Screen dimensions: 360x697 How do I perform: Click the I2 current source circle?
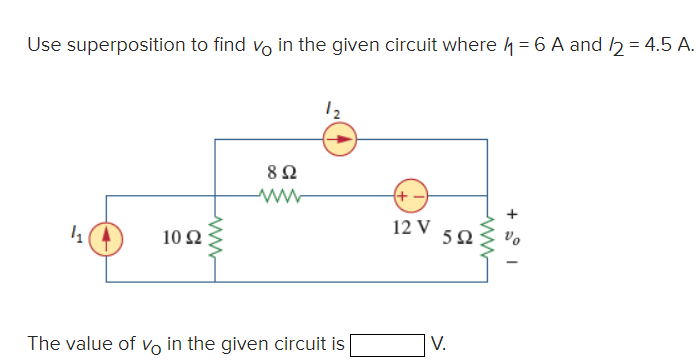click(x=339, y=140)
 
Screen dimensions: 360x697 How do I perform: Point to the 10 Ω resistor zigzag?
click(x=215, y=240)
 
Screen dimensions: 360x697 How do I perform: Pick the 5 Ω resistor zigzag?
click(x=487, y=240)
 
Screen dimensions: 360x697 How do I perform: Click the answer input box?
click(x=384, y=344)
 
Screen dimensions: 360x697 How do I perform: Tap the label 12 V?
click(x=411, y=227)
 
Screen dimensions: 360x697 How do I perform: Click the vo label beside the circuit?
click(x=514, y=239)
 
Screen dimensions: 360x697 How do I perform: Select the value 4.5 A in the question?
click(x=657, y=45)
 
